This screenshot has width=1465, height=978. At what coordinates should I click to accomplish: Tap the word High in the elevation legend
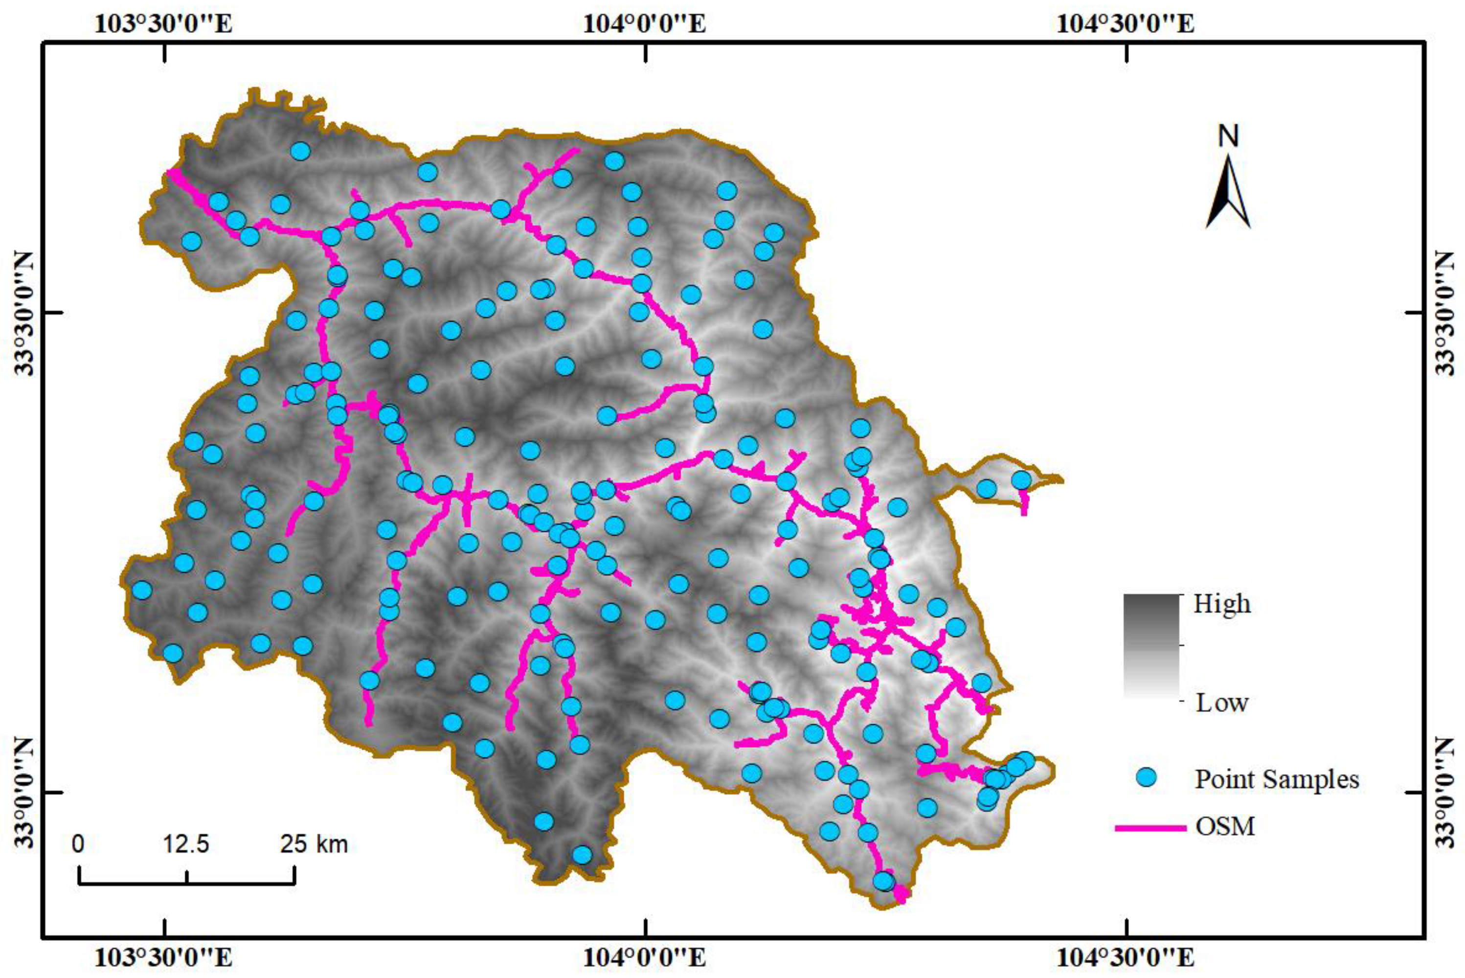click(1221, 604)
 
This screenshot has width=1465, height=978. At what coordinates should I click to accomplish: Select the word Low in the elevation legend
click(1221, 703)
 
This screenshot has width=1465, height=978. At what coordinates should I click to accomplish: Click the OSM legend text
click(1225, 827)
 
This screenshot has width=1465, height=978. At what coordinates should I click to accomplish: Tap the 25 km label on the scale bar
click(314, 844)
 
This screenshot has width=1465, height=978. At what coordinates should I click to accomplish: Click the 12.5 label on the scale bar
click(186, 844)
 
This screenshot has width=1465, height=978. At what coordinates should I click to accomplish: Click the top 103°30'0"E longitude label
click(164, 23)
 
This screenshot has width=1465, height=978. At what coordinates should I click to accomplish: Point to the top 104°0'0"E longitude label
click(645, 23)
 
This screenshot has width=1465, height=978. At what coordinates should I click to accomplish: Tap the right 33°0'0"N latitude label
click(1444, 792)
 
